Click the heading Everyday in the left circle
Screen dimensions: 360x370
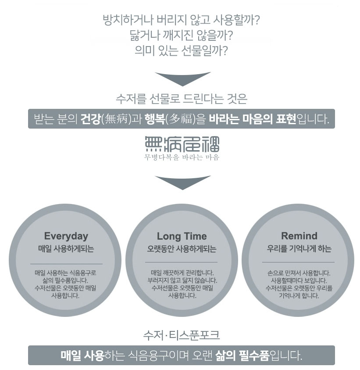pyautogui.click(x=66, y=236)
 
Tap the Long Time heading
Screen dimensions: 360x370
pyautogui.click(x=182, y=236)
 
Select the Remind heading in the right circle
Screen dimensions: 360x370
pyautogui.click(x=299, y=236)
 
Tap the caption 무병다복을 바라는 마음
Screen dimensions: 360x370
pyautogui.click(x=182, y=157)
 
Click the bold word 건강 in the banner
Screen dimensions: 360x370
pyautogui.click(x=91, y=119)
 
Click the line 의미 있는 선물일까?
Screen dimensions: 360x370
pyautogui.click(x=182, y=50)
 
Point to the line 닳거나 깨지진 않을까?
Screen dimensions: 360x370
pyautogui.click(x=182, y=36)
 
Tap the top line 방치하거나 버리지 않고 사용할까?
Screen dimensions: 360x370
pyautogui.click(x=182, y=20)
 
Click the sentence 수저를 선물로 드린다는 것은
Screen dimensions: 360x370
pyautogui.click(x=182, y=98)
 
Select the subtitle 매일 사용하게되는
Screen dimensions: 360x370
pyautogui.click(x=66, y=249)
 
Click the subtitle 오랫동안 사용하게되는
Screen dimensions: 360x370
pyautogui.click(x=182, y=249)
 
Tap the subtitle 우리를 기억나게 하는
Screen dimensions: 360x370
pyautogui.click(x=299, y=249)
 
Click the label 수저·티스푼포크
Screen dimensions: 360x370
pyautogui.click(x=182, y=336)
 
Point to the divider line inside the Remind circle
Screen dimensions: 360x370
pyautogui.click(x=299, y=262)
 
